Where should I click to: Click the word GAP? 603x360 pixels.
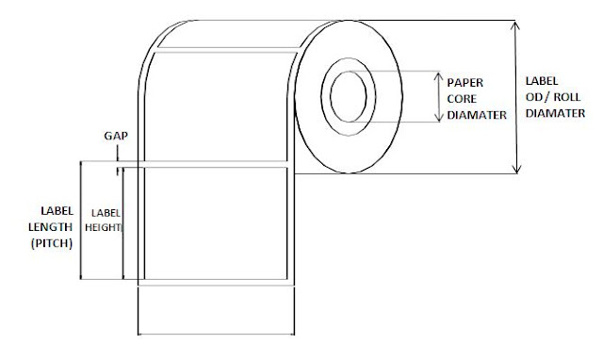pos(116,136)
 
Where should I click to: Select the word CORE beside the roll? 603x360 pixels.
pos(464,97)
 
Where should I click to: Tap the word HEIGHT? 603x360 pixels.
pos(104,227)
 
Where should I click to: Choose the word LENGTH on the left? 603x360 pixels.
pos(56,226)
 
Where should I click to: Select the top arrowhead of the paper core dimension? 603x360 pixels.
pos(437,74)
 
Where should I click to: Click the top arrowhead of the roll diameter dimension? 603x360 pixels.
pos(516,23)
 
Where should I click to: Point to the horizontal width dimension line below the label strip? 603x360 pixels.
pos(217,333)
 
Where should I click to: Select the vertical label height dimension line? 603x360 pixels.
pos(122,226)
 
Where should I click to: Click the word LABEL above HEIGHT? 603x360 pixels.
pos(103,212)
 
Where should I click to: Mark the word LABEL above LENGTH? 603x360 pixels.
pos(56,210)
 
